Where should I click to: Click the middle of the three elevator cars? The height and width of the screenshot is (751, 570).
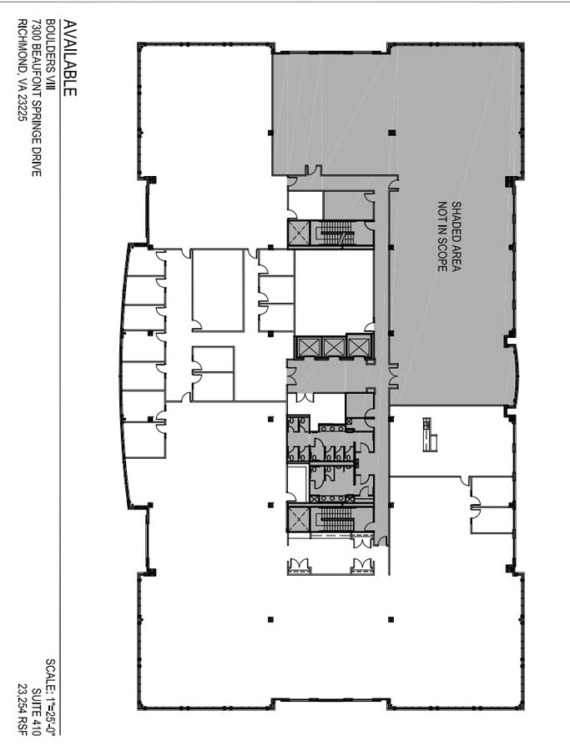point(333,347)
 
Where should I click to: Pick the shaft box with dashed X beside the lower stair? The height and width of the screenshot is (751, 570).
point(299,517)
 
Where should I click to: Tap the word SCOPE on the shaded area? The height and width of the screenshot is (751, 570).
point(443,250)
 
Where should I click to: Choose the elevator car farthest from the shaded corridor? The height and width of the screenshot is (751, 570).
point(308,347)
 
